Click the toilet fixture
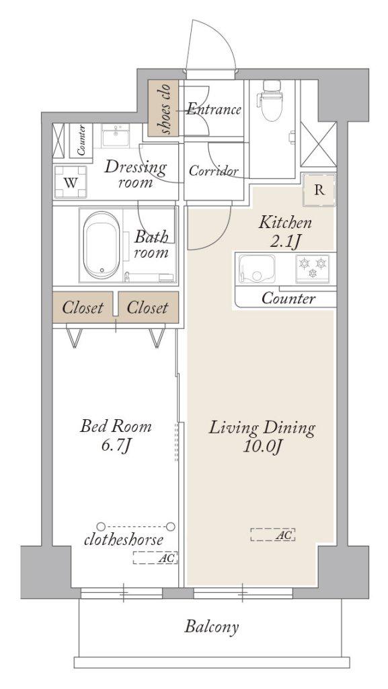coord(271,101)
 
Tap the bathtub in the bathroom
coord(102,245)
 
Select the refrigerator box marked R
coord(319,190)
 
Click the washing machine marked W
coord(70,182)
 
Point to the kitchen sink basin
coord(257,269)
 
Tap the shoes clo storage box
coord(163,108)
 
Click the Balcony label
coord(212,626)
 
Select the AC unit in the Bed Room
coord(155,558)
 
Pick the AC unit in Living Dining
coord(272,535)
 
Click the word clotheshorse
coord(124,540)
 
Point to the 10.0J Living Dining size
coord(262,447)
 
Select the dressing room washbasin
coord(116,136)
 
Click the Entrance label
coord(214,110)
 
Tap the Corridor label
coord(214,171)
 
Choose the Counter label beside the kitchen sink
coord(288,299)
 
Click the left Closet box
coord(83,307)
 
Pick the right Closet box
coord(149,307)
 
